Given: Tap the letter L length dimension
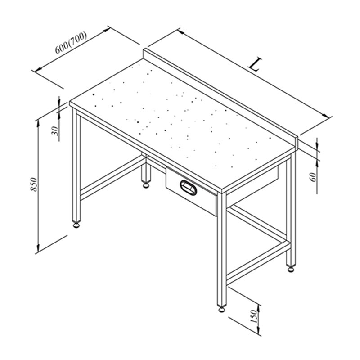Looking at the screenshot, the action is (255, 64).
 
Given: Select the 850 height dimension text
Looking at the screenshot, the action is (33, 184).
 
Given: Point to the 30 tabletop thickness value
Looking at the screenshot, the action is (56, 131).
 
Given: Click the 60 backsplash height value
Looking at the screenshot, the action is (314, 177).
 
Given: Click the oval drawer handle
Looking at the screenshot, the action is (189, 188).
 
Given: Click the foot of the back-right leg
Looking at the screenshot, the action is (291, 269).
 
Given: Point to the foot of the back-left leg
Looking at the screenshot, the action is (146, 184).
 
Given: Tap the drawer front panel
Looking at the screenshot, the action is (191, 191).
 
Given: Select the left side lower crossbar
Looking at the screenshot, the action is (111, 177).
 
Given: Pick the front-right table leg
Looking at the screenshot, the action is (221, 249).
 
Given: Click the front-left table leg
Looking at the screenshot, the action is (76, 165).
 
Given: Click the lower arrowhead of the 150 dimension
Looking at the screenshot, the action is (259, 331).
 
